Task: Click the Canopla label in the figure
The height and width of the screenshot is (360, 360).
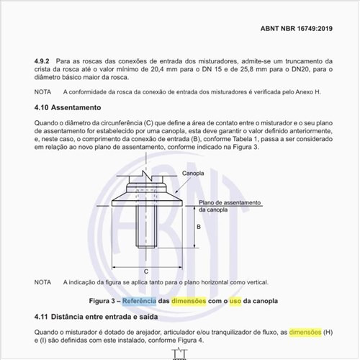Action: pyautogui.click(x=193, y=174)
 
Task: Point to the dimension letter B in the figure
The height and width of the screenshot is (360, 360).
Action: pyautogui.click(x=198, y=226)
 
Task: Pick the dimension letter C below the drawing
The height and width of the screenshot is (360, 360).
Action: pyautogui.click(x=146, y=271)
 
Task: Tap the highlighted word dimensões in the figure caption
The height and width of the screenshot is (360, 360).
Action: pyautogui.click(x=189, y=300)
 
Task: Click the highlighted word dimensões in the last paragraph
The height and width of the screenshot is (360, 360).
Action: pyautogui.click(x=305, y=331)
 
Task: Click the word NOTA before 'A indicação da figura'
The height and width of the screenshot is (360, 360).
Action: pyautogui.click(x=42, y=282)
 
